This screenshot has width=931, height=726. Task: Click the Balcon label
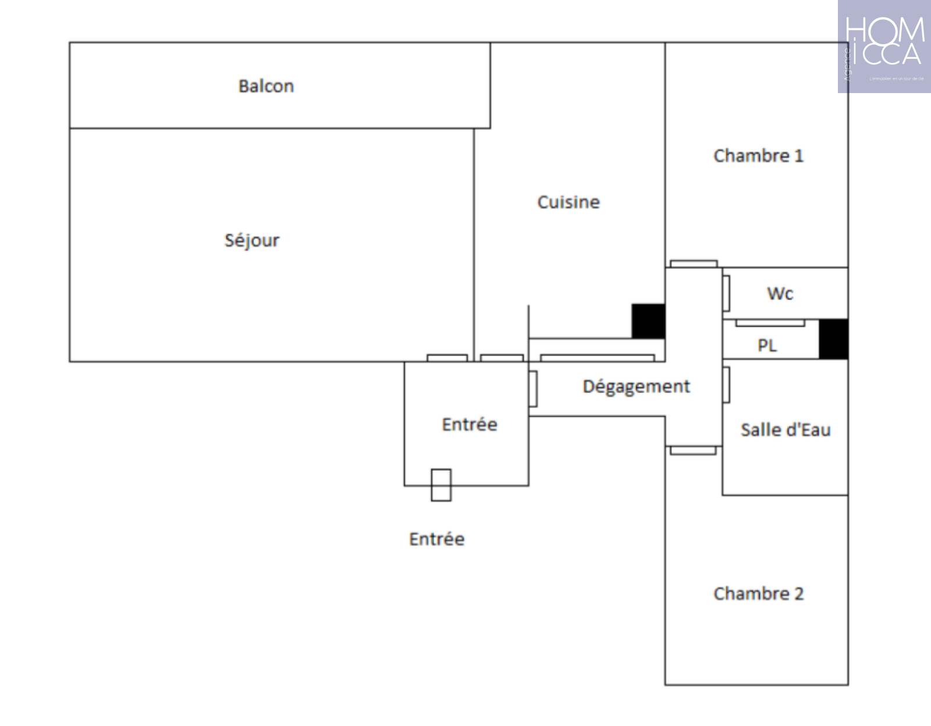pyautogui.click(x=266, y=86)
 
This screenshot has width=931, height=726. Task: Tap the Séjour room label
pyautogui.click(x=251, y=240)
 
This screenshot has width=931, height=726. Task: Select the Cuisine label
pyautogui.click(x=568, y=202)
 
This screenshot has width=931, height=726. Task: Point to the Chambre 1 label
pyautogui.click(x=758, y=156)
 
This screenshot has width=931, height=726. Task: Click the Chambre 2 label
pyautogui.click(x=758, y=593)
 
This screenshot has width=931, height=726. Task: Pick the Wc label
pyautogui.click(x=780, y=293)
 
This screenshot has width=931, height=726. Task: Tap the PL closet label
pyautogui.click(x=767, y=346)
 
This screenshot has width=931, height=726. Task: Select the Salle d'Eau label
pyautogui.click(x=785, y=430)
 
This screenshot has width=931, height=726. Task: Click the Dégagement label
pyautogui.click(x=636, y=386)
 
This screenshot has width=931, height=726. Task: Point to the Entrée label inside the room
pyautogui.click(x=469, y=424)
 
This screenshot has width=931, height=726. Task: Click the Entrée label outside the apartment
pyautogui.click(x=436, y=539)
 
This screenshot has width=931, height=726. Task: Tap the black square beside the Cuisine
pyautogui.click(x=648, y=321)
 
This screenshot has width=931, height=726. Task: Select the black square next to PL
pyautogui.click(x=833, y=339)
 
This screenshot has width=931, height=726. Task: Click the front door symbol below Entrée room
pyautogui.click(x=440, y=485)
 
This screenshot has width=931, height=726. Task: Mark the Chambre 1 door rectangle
pyautogui.click(x=693, y=264)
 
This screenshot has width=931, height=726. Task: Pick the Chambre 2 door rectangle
pyautogui.click(x=692, y=450)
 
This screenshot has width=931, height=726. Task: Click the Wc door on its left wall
pyautogui.click(x=726, y=293)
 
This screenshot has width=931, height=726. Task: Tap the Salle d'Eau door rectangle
pyautogui.click(x=726, y=385)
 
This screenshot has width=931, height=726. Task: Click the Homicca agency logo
pyautogui.click(x=884, y=47)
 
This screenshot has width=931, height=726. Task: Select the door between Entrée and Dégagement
pyautogui.click(x=533, y=389)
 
